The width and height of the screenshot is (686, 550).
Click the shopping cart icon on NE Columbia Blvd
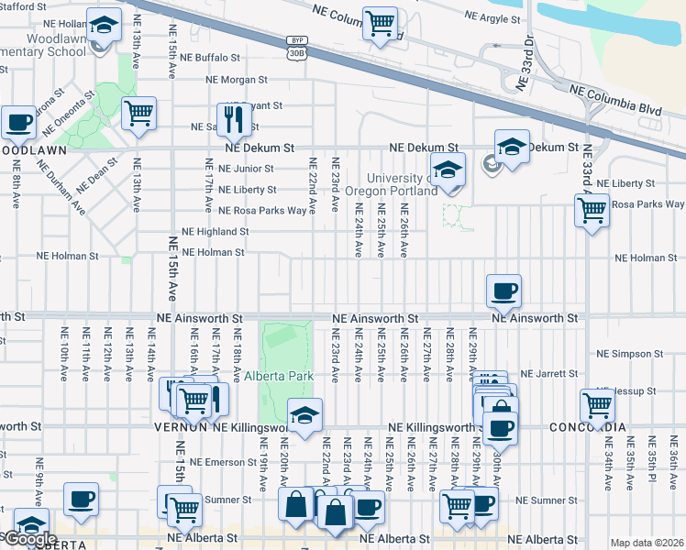pyautogui.click(x=380, y=23)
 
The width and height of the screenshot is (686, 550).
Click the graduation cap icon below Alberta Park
pyautogui.click(x=305, y=413)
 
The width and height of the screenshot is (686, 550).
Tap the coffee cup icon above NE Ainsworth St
pyautogui.click(x=503, y=291)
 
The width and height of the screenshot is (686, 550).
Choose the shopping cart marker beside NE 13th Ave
pyautogui.click(x=138, y=114)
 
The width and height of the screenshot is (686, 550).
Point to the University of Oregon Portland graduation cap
pyautogui.click(x=447, y=170)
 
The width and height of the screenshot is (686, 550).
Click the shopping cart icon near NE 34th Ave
pyautogui.click(x=597, y=403)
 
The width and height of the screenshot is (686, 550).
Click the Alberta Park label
pyautogui.click(x=279, y=376)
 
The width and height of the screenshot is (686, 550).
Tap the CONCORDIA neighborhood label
pyautogui.click(x=587, y=428)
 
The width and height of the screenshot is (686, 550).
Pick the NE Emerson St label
pyautogui.click(x=208, y=461)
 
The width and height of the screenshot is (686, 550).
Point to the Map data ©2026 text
pyautogui.click(x=646, y=543)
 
